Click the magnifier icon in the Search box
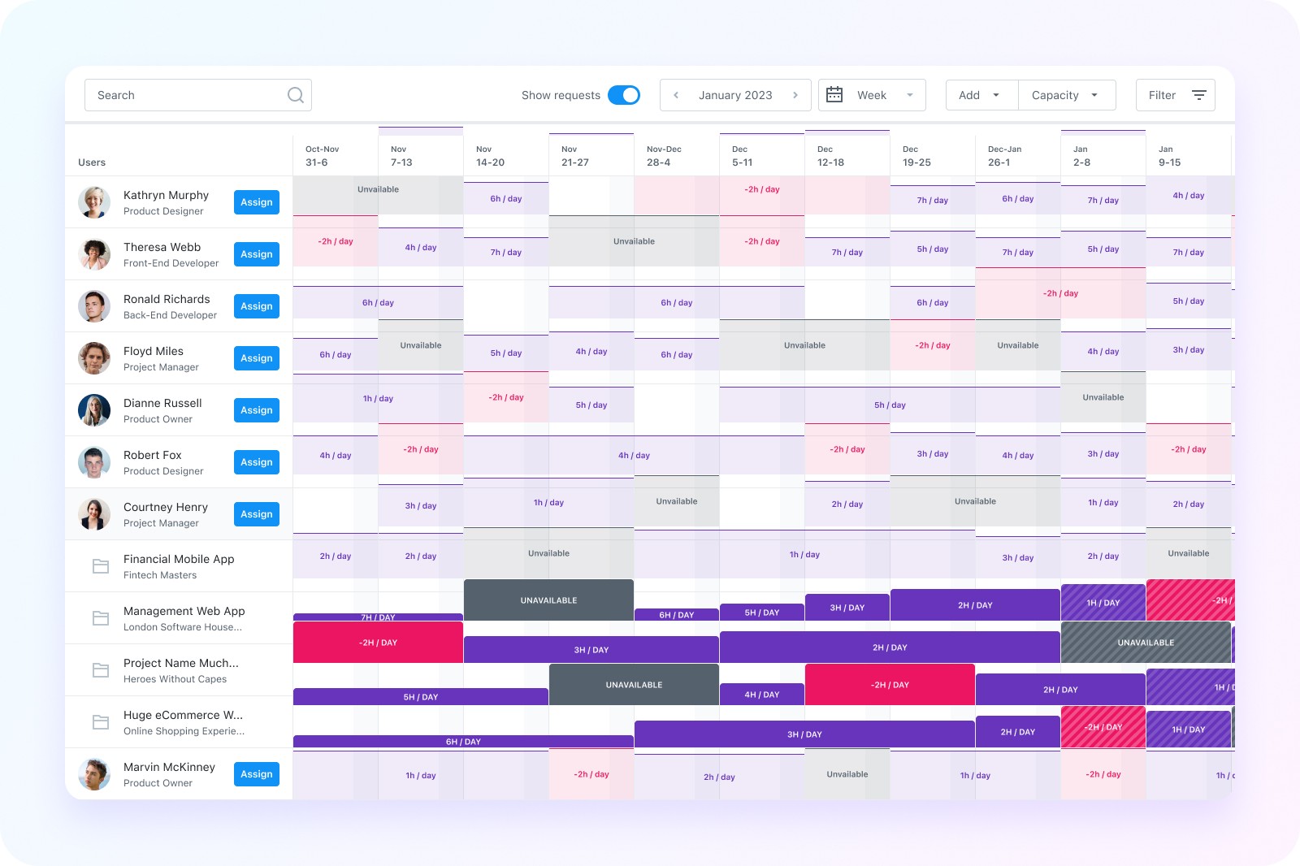pos(296,95)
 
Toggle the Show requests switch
pos(624,95)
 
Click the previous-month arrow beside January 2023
pos(675,95)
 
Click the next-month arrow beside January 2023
pos(795,95)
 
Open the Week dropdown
pos(872,95)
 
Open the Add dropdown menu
pos(981,95)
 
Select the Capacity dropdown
pos(1067,95)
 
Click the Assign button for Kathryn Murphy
pos(257,202)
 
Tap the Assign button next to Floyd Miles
pos(257,358)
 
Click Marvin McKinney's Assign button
pos(257,773)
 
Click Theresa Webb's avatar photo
pos(94,254)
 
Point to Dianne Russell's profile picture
pos(94,409)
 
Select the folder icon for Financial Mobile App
pos(101,566)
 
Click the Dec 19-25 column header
pos(916,156)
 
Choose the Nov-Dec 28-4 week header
pos(663,156)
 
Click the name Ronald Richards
pos(167,299)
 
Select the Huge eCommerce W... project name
pos(183,715)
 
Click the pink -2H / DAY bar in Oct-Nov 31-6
pos(378,642)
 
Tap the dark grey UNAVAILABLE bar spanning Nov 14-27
pos(548,600)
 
